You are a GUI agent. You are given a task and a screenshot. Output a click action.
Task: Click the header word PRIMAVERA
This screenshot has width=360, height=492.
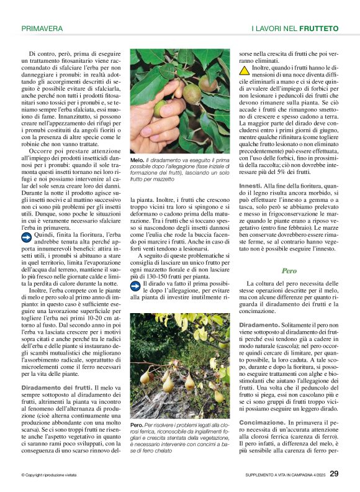tap(42, 29)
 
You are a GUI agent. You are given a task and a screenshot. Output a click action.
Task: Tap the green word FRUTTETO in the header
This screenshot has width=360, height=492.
tap(318, 29)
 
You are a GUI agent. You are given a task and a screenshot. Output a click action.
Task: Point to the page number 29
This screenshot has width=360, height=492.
tap(333, 474)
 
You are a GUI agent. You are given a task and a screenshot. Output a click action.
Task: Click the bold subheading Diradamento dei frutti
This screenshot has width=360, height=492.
tap(53, 388)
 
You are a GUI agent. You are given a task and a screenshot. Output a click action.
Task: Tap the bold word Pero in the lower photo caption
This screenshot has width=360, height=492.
tap(137, 425)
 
